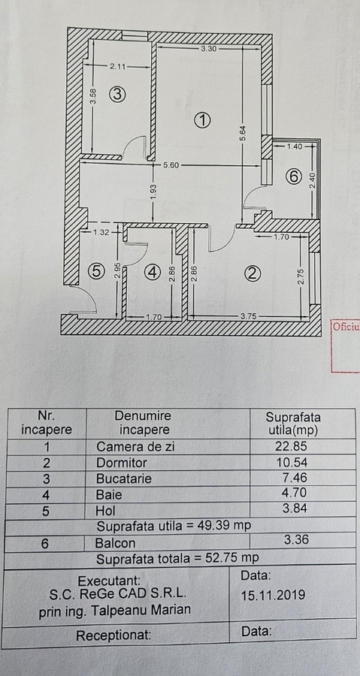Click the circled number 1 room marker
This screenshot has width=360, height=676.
(202, 120)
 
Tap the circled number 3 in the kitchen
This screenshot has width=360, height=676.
(117, 94)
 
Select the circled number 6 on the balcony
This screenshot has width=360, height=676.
(293, 177)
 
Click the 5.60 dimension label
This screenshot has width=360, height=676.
(171, 164)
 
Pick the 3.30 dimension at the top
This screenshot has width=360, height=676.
(209, 49)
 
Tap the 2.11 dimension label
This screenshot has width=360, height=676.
(118, 66)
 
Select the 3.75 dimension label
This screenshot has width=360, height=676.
(248, 316)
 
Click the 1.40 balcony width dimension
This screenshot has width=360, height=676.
(295, 146)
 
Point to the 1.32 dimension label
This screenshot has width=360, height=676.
(101, 232)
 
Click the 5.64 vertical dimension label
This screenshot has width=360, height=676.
(243, 135)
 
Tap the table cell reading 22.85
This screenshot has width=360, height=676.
(291, 446)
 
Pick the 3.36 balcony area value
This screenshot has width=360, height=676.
(297, 539)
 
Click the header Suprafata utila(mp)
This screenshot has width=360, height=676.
(293, 424)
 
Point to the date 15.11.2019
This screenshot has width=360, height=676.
(273, 596)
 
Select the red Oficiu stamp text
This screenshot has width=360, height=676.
(346, 327)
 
